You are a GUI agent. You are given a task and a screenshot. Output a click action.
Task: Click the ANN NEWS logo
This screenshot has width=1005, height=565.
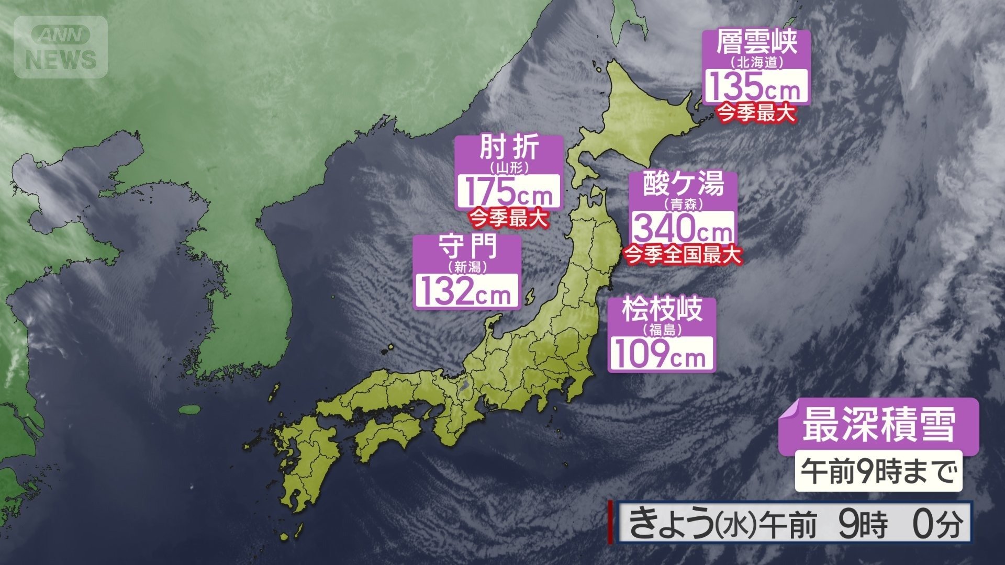(x=61, y=47)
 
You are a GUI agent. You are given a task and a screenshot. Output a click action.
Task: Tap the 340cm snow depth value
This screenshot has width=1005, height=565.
(x=682, y=229)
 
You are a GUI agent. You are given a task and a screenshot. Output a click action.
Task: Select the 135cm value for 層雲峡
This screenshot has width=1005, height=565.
(x=755, y=87)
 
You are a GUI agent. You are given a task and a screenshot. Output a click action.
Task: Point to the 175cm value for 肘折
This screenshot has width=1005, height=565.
(x=509, y=192)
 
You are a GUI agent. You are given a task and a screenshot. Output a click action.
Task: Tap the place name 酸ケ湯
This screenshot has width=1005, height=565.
(x=683, y=185)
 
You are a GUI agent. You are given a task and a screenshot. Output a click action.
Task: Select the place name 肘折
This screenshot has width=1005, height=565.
(x=509, y=150)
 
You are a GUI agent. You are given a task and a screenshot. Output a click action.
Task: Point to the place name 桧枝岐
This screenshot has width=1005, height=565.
(x=661, y=311)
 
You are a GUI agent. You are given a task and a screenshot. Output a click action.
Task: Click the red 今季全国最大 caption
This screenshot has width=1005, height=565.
(x=683, y=255)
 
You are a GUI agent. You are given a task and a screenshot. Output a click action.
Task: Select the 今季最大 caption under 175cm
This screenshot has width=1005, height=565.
(x=509, y=217)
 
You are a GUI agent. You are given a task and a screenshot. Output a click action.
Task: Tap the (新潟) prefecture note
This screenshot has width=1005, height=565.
(x=467, y=266)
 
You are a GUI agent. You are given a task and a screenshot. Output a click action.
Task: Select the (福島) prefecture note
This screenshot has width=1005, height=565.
(x=662, y=329)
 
